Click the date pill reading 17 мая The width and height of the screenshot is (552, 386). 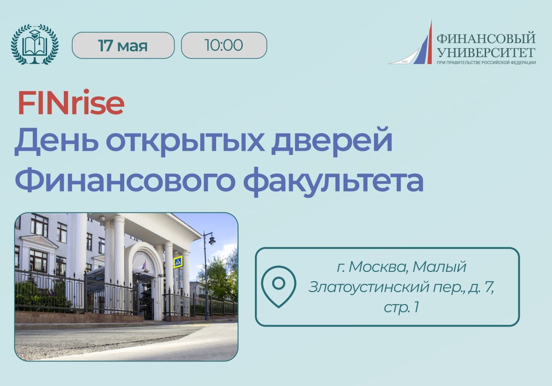coord(123,45)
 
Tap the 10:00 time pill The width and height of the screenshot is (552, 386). coord(224,45)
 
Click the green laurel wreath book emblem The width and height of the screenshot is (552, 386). coord(35,44)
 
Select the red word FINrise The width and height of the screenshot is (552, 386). coord(71,103)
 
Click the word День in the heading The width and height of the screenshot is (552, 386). coord(56,142)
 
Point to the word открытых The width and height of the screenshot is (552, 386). coord(185,143)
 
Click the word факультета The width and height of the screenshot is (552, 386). coord(333,182)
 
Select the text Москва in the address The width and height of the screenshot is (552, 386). coord(377,267)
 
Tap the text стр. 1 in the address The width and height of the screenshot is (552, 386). coord(401,308)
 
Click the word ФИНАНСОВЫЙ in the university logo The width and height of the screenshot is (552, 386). coord(486,38)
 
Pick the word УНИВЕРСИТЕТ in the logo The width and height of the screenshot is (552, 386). coord(486,53)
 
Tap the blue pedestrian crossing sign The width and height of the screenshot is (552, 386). coord(178,262)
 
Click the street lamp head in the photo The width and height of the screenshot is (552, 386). coord(212,240)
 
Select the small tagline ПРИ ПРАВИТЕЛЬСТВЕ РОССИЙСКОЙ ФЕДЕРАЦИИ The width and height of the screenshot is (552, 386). coord(486,62)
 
